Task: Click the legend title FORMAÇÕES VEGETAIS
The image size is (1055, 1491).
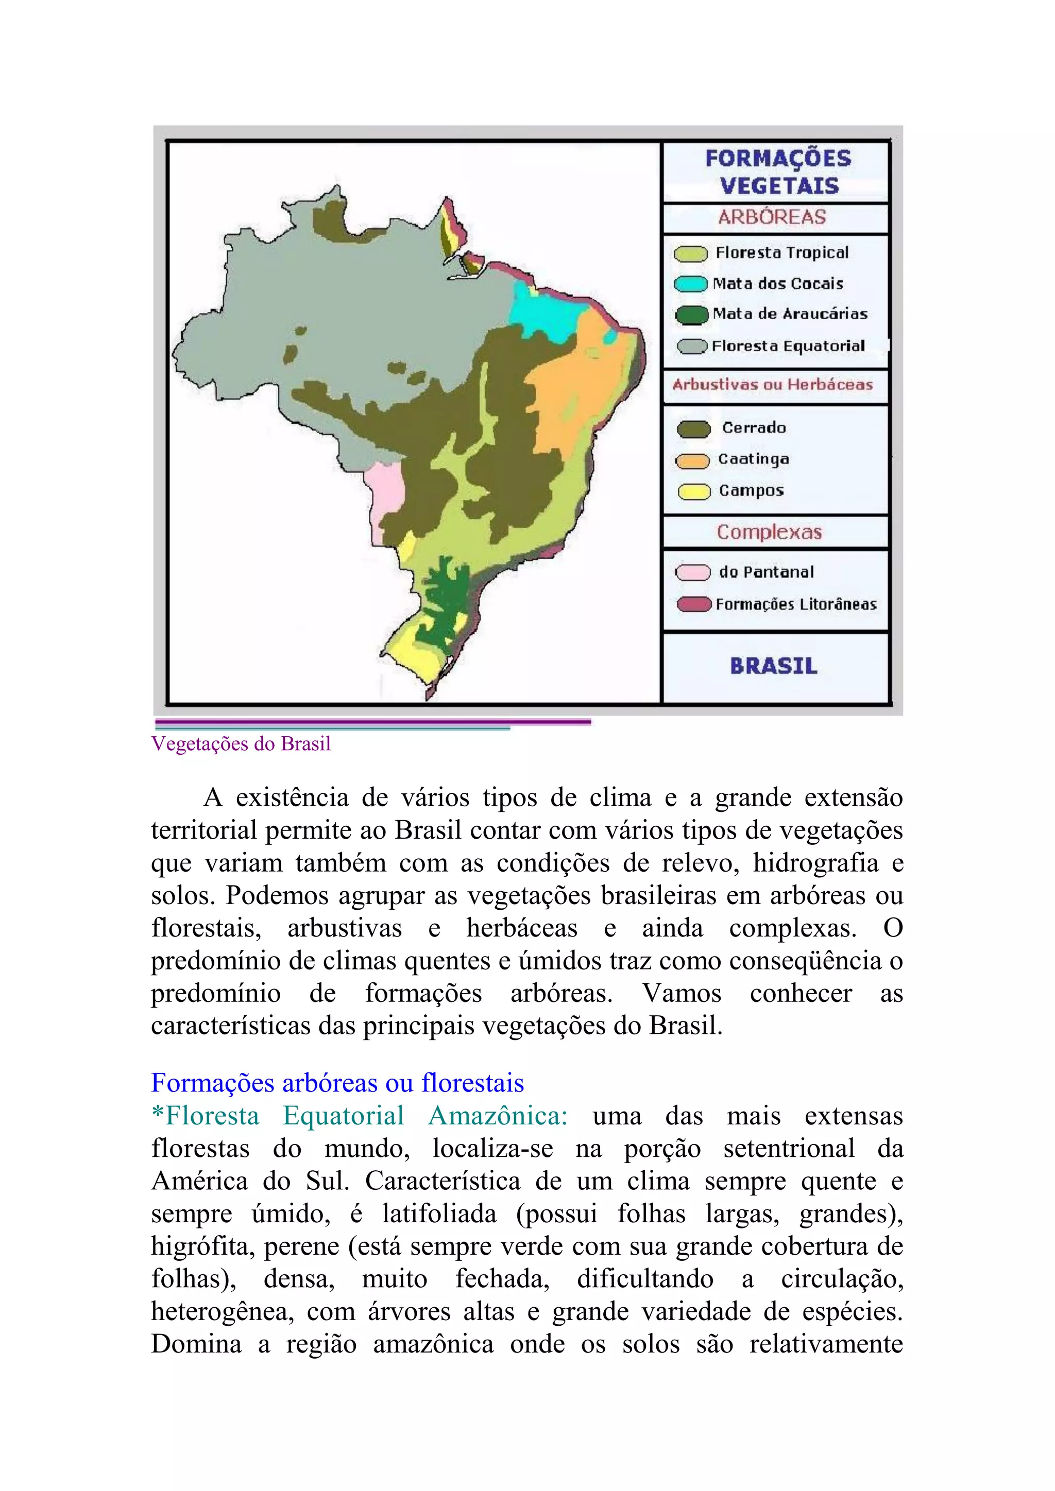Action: click(x=778, y=172)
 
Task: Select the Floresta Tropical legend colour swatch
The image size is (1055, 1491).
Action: click(x=691, y=254)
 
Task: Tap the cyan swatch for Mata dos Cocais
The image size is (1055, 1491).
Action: click(x=691, y=284)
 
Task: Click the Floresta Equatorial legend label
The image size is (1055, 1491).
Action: click(x=788, y=346)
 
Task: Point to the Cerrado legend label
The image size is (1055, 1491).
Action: click(x=754, y=428)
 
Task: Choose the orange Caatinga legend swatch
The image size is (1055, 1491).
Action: click(x=692, y=460)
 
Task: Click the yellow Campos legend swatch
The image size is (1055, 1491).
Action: click(x=694, y=492)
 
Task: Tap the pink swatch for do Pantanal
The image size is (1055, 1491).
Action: click(x=692, y=573)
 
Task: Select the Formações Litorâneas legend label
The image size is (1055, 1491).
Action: click(x=796, y=604)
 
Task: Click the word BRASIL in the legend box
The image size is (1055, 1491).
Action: click(x=774, y=666)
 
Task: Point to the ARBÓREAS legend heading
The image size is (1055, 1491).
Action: click(x=772, y=217)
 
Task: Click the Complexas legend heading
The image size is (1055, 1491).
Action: click(x=769, y=532)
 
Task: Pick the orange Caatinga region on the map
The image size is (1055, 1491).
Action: click(x=578, y=390)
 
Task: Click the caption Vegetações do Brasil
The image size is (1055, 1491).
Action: click(x=241, y=744)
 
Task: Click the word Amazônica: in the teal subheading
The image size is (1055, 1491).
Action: click(x=498, y=1116)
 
